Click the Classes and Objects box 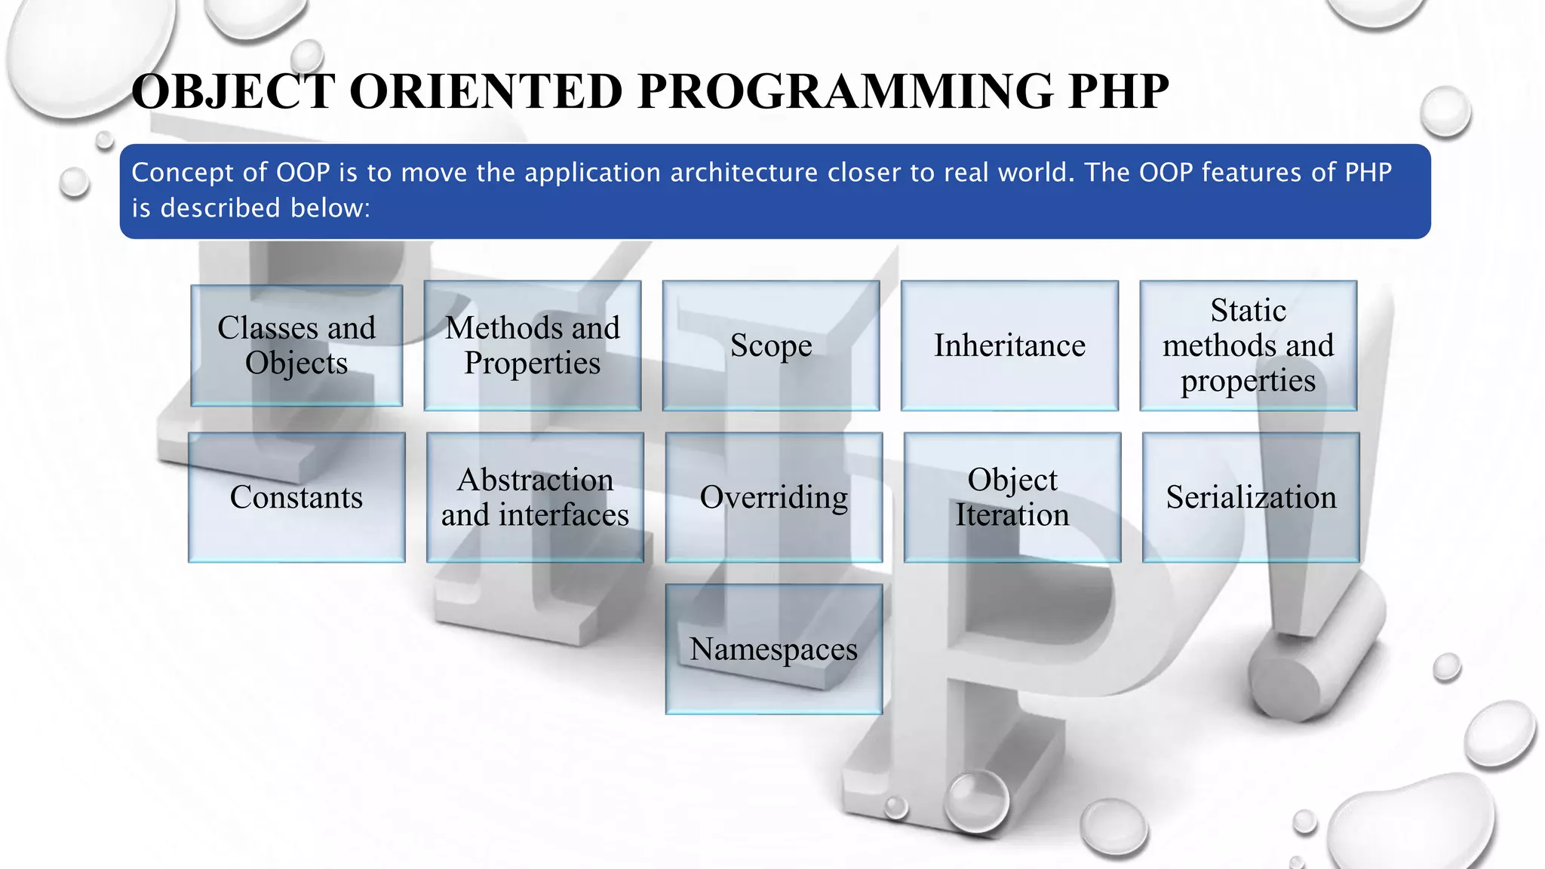tap(296, 345)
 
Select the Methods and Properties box tap(532, 345)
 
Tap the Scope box tap(770, 345)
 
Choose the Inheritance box tap(1009, 345)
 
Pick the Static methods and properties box tap(1248, 345)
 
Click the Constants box tap(296, 497)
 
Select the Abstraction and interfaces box tap(534, 497)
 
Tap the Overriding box tap(773, 497)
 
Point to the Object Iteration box tap(1012, 497)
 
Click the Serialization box tap(1250, 497)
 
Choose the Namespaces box tap(773, 649)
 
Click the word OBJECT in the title tap(232, 92)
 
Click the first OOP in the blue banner tap(303, 173)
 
